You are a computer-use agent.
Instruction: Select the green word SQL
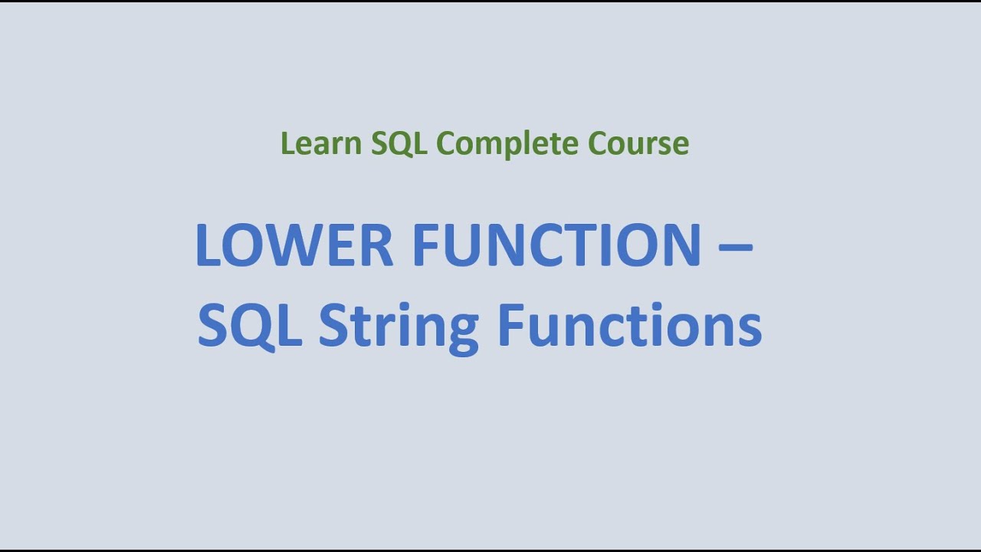399,143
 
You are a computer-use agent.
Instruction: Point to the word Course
638,143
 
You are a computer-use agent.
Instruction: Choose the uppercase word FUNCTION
556,245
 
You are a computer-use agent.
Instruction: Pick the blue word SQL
249,325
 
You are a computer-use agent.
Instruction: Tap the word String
399,327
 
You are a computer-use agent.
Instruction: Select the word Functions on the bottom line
629,325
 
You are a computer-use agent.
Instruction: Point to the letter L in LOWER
208,245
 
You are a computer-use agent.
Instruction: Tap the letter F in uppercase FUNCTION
425,245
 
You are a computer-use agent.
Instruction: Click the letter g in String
461,331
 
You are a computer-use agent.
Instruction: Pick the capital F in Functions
509,325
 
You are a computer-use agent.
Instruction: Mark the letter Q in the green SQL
399,144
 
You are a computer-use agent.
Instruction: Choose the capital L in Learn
286,143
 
